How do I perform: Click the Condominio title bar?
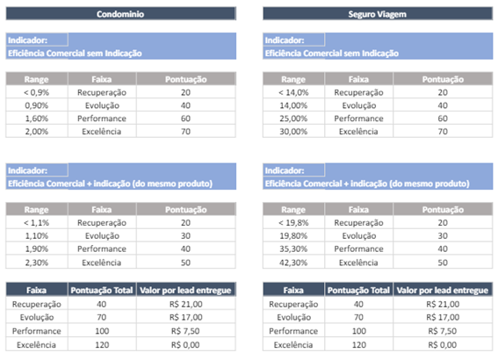(120, 14)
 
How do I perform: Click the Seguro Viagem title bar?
(378, 14)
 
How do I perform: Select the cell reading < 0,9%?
(37, 92)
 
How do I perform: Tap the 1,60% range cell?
(37, 119)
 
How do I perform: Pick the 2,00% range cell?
(37, 132)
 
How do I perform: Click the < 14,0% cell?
(293, 92)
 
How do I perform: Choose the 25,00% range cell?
(293, 119)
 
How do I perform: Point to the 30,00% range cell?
(293, 132)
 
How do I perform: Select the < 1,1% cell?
(37, 222)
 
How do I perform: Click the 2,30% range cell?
(37, 263)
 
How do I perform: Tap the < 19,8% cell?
(293, 222)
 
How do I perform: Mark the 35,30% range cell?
(293, 248)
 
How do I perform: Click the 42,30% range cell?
(293, 263)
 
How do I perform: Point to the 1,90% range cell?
(37, 248)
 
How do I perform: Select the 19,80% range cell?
(293, 236)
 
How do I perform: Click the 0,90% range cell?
(37, 105)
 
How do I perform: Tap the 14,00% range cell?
(293, 105)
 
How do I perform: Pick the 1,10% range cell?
(37, 236)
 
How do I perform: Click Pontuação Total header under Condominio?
(102, 290)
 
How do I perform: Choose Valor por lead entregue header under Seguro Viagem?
(443, 290)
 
